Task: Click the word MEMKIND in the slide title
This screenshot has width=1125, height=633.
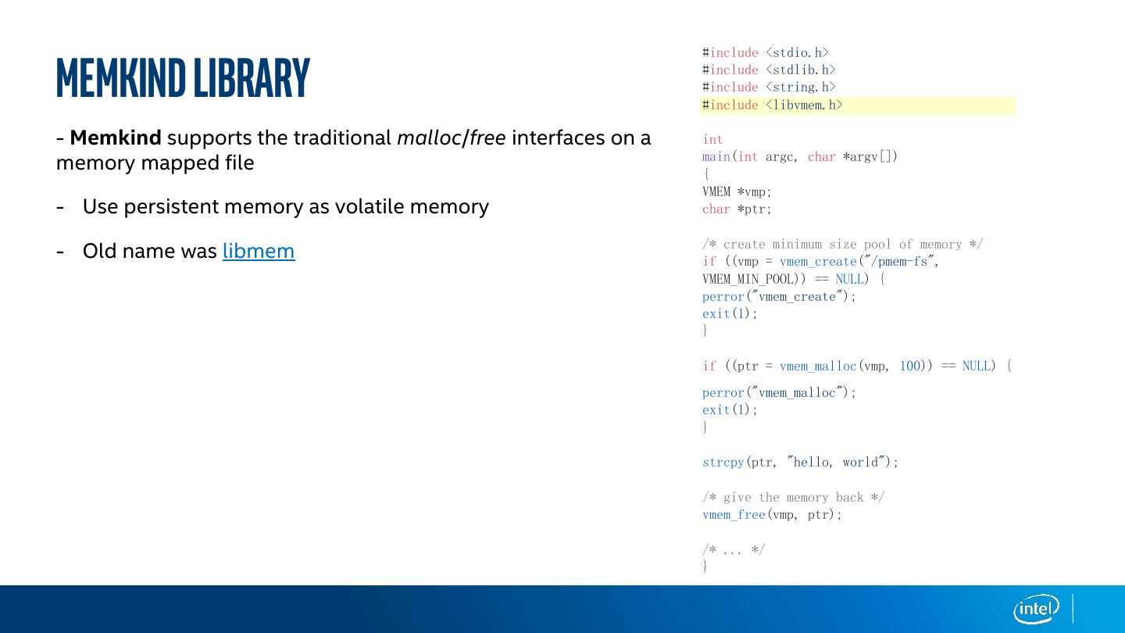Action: (121, 78)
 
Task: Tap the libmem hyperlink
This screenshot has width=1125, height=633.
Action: (259, 251)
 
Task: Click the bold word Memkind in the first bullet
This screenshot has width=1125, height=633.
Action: (116, 138)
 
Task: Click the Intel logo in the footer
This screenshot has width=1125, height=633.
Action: (1036, 609)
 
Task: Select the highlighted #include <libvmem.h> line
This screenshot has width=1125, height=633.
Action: (773, 105)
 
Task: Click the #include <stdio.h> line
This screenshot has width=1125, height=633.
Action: (765, 53)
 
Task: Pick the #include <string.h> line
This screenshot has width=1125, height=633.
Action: (769, 88)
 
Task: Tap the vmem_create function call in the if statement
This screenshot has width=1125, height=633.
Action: (818, 262)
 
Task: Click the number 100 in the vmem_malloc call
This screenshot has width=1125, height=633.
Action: (910, 366)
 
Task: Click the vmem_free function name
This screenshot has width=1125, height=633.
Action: (734, 514)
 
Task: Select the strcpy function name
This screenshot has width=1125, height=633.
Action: (723, 462)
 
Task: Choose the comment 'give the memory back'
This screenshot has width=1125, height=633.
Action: (793, 497)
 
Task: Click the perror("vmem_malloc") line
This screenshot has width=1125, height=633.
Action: (779, 392)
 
